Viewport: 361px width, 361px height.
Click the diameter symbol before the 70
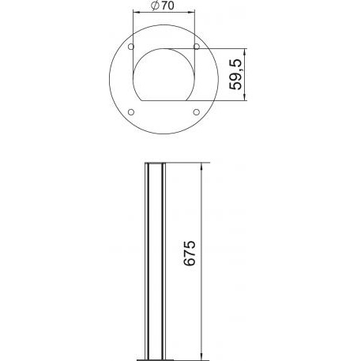pos(156,6)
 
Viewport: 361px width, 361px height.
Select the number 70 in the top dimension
pos(167,6)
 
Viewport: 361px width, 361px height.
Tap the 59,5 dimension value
pos(235,74)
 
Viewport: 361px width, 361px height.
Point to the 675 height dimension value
pos(190,253)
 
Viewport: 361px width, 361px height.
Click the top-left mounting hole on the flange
pos(131,47)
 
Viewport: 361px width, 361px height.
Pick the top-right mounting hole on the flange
pos(197,47)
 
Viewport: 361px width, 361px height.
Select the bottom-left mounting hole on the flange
pos(131,112)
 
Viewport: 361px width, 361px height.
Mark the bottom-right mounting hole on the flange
pos(197,112)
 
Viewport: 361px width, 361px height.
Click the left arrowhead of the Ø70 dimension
pos(136,12)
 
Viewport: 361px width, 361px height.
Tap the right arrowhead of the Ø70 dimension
pos(192,12)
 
